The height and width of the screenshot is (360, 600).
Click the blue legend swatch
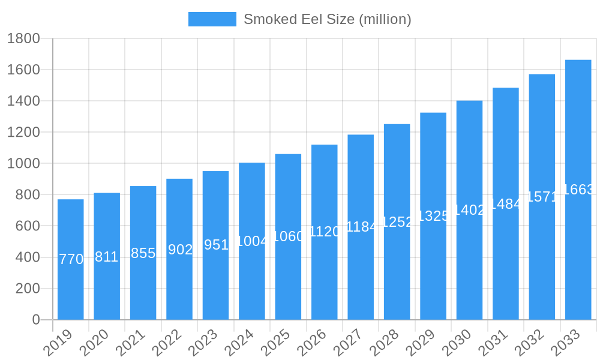[x=212, y=19]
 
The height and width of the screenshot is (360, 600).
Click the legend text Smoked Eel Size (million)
[x=327, y=19]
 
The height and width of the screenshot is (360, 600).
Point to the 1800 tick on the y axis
[x=23, y=38]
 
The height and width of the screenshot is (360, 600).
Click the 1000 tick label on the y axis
[x=23, y=163]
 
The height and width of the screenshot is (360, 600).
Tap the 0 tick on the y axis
[x=36, y=320]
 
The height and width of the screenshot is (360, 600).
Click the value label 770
[x=71, y=259]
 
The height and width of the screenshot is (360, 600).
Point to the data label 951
[x=216, y=245]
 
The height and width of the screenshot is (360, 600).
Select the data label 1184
[x=361, y=227]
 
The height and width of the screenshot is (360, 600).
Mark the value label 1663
[x=578, y=190]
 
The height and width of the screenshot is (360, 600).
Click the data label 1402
[x=469, y=210]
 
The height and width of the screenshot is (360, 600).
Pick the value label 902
[x=180, y=250]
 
